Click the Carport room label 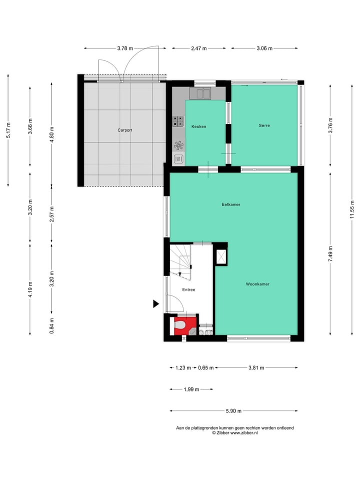coord(124,130)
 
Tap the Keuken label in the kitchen coord(198,126)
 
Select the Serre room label coord(264,125)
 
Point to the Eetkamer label coord(231,204)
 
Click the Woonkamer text coord(257,284)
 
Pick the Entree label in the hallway coord(188,289)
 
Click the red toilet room coord(180,326)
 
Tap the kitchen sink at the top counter coord(203,93)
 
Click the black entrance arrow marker coord(156,303)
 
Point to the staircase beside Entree coord(180,260)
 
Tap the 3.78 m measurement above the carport coord(125,48)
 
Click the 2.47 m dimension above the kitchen coord(198,48)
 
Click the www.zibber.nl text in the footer coord(243,433)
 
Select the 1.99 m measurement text coord(190,389)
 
